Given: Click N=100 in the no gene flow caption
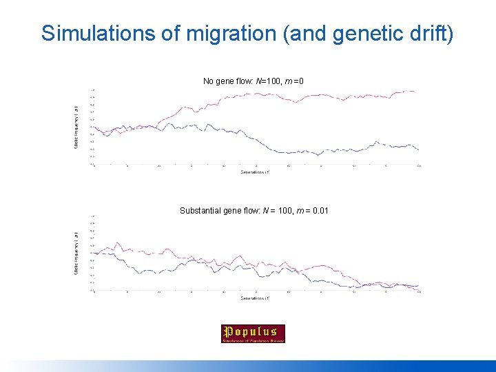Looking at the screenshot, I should point(269,81).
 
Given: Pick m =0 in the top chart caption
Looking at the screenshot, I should point(295,81).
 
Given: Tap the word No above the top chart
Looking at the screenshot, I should point(208,81).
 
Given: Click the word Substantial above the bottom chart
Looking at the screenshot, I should point(200,210).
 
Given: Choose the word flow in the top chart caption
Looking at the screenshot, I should point(244,81).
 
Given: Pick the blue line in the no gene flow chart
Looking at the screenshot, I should point(276,151).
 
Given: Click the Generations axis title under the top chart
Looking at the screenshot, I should point(255,172).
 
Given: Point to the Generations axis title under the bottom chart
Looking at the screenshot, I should point(255,298).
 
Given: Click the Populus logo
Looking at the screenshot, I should point(253,333).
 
